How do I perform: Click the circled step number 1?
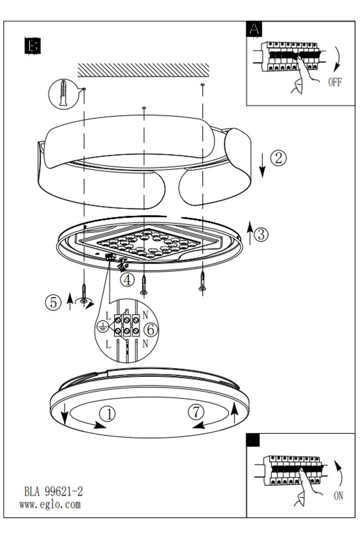tap(107, 414)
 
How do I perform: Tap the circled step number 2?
tap(279, 158)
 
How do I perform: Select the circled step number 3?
tap(261, 234)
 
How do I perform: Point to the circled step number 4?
tap(127, 280)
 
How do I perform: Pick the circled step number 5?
tap(53, 302)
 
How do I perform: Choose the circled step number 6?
tap(151, 329)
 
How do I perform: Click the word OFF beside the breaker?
tap(335, 82)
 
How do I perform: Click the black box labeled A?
tap(254, 29)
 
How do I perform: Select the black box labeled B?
tap(32, 45)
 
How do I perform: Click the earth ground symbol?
tap(101, 327)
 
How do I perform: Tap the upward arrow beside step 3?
tap(250, 233)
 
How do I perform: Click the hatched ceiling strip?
tap(144, 70)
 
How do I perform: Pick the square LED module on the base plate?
tap(148, 243)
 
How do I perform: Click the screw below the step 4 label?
tap(144, 285)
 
